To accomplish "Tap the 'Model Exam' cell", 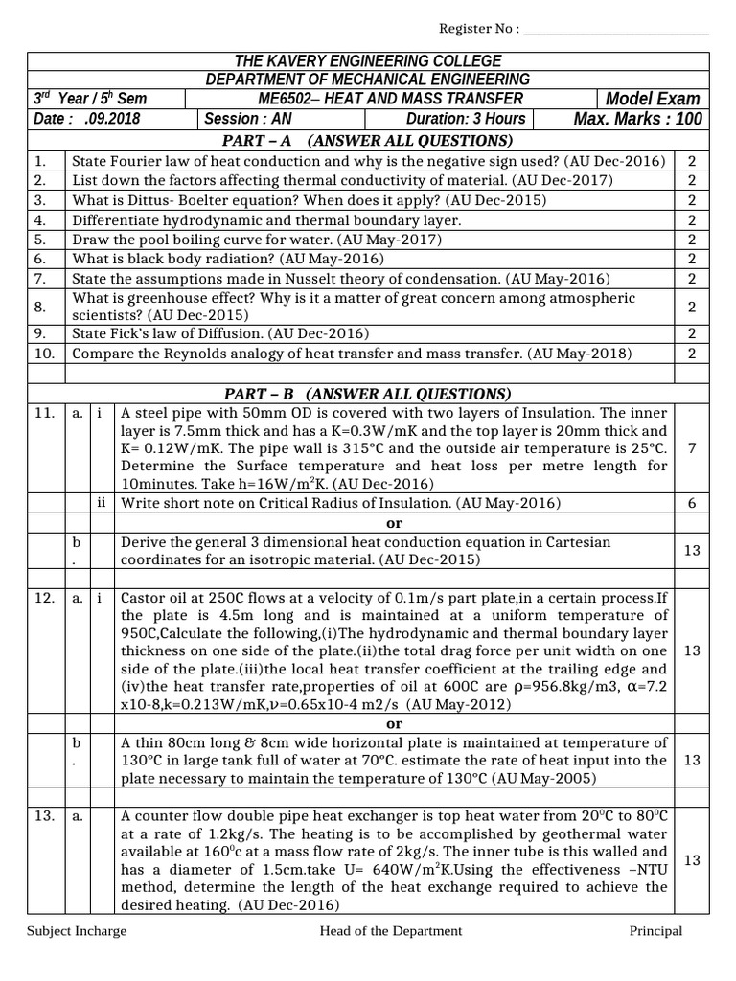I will click(653, 99).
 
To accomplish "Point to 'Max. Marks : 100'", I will click(637, 119).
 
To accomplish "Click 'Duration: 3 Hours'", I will click(466, 119).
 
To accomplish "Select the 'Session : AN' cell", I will click(238, 119).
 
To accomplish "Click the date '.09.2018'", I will click(112, 119).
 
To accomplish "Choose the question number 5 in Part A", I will click(39, 240).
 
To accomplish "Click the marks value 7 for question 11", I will click(692, 448).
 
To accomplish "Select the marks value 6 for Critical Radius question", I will click(692, 503).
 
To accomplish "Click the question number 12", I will click(44, 597).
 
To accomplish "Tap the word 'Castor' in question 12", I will click(143, 597).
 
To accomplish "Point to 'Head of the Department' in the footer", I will click(391, 931).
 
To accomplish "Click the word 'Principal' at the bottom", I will click(655, 931).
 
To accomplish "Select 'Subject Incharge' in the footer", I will click(77, 931).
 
